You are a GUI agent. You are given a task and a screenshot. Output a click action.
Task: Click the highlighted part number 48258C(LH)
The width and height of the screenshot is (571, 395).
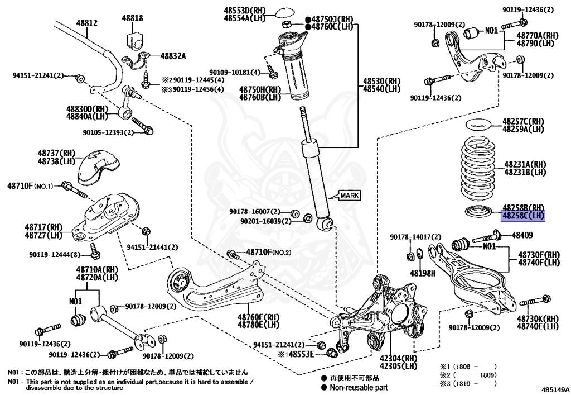pos(524,215)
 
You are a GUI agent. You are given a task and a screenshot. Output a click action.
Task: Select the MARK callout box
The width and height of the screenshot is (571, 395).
pos(350,195)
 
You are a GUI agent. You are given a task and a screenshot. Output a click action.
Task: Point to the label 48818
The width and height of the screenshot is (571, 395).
pos(133,19)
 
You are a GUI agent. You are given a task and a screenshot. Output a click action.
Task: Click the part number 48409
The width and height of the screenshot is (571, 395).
pos(522,235)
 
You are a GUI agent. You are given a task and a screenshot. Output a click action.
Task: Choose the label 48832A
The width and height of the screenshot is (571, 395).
pos(173,56)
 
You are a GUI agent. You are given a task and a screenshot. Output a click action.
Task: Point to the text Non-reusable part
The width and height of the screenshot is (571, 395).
pos(359,387)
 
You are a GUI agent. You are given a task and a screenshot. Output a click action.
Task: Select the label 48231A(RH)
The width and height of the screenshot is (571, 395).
pos(524,164)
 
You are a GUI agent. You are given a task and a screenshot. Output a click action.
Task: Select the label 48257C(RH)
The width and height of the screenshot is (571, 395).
pos(523,121)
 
